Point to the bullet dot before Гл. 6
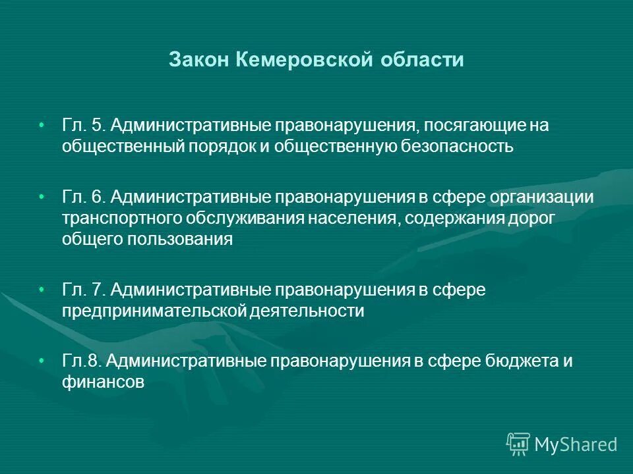[x=42, y=197]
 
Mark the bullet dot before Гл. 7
[x=42, y=290]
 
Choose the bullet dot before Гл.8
[x=42, y=361]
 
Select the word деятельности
[x=307, y=311]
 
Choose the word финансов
[x=103, y=382]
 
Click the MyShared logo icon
[x=518, y=444]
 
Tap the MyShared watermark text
[x=576, y=445]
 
